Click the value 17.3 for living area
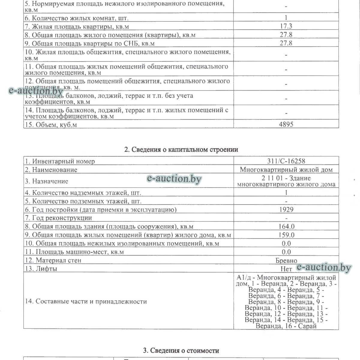286,26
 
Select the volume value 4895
286,124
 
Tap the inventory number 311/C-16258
286,161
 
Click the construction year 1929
286,209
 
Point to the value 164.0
286,226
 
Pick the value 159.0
286,235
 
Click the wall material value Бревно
286,260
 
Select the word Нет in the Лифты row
286,269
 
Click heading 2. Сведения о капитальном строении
181,149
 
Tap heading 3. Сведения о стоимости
181,350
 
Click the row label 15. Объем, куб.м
51,124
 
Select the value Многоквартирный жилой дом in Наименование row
286,170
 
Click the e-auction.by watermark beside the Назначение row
174,179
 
